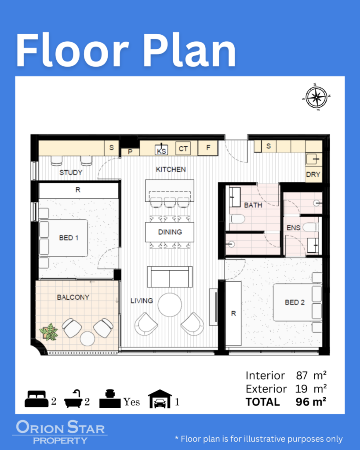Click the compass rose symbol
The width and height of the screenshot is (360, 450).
(x=316, y=97)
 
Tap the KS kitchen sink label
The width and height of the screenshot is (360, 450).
(x=161, y=151)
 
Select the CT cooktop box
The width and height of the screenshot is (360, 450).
(x=183, y=149)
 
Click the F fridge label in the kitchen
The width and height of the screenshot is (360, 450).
(x=208, y=148)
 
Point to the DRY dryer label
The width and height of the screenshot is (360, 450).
(x=313, y=174)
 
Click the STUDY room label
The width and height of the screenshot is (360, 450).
(x=71, y=172)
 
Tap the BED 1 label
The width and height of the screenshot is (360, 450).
(x=69, y=238)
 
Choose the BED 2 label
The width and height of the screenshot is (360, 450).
(x=295, y=302)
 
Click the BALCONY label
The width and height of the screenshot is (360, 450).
(x=73, y=298)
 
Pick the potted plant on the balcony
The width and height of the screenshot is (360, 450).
(x=49, y=332)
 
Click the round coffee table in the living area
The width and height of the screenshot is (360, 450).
(x=170, y=305)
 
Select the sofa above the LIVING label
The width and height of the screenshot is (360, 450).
(x=170, y=277)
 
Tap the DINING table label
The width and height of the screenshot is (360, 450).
(x=170, y=232)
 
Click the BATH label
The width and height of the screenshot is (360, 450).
(x=253, y=205)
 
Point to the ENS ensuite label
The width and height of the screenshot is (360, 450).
(x=293, y=228)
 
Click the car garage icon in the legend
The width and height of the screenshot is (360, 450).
(x=160, y=399)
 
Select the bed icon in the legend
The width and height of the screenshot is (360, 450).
(x=36, y=399)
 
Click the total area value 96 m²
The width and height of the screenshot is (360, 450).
(x=311, y=402)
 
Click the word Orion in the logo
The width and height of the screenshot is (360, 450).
(x=40, y=427)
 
